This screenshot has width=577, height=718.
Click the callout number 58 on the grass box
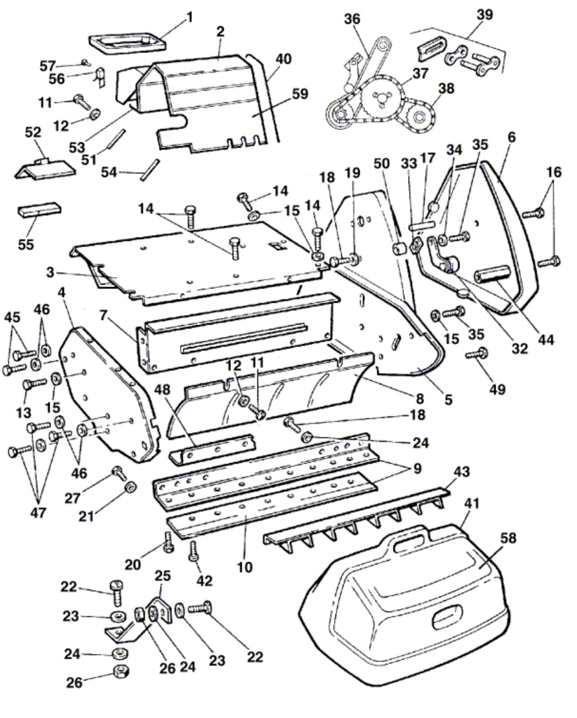click(507, 538)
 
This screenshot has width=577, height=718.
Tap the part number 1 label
click(189, 17)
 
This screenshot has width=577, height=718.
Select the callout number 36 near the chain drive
click(352, 19)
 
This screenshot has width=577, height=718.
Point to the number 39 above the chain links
click(485, 15)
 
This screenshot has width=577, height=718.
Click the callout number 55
click(26, 244)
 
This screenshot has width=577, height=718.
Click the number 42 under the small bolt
click(204, 581)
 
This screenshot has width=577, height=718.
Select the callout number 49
click(498, 389)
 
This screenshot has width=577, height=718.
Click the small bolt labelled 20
click(169, 542)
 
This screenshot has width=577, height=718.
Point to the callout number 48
click(162, 390)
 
